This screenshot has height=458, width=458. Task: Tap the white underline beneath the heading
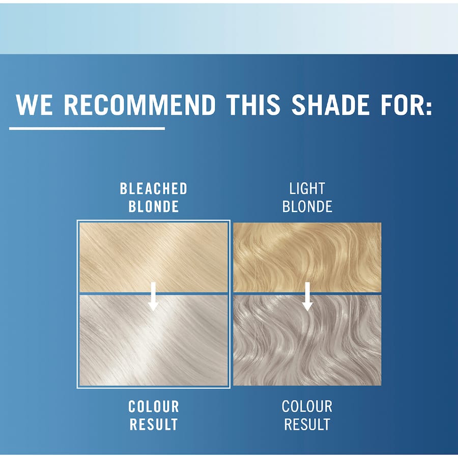tap(87, 128)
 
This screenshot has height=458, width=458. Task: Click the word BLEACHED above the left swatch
tap(154, 189)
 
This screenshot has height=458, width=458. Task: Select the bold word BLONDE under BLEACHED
tap(154, 206)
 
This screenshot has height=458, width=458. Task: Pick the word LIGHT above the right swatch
tap(307, 189)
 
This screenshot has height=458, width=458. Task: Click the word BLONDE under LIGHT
tap(307, 206)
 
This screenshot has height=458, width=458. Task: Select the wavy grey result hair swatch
tap(346, 346)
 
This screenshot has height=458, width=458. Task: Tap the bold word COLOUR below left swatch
tap(154, 407)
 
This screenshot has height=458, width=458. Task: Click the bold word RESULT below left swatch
tap(154, 424)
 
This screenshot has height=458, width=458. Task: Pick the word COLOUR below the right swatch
tap(307, 407)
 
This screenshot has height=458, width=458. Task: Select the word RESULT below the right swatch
tap(307, 424)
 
